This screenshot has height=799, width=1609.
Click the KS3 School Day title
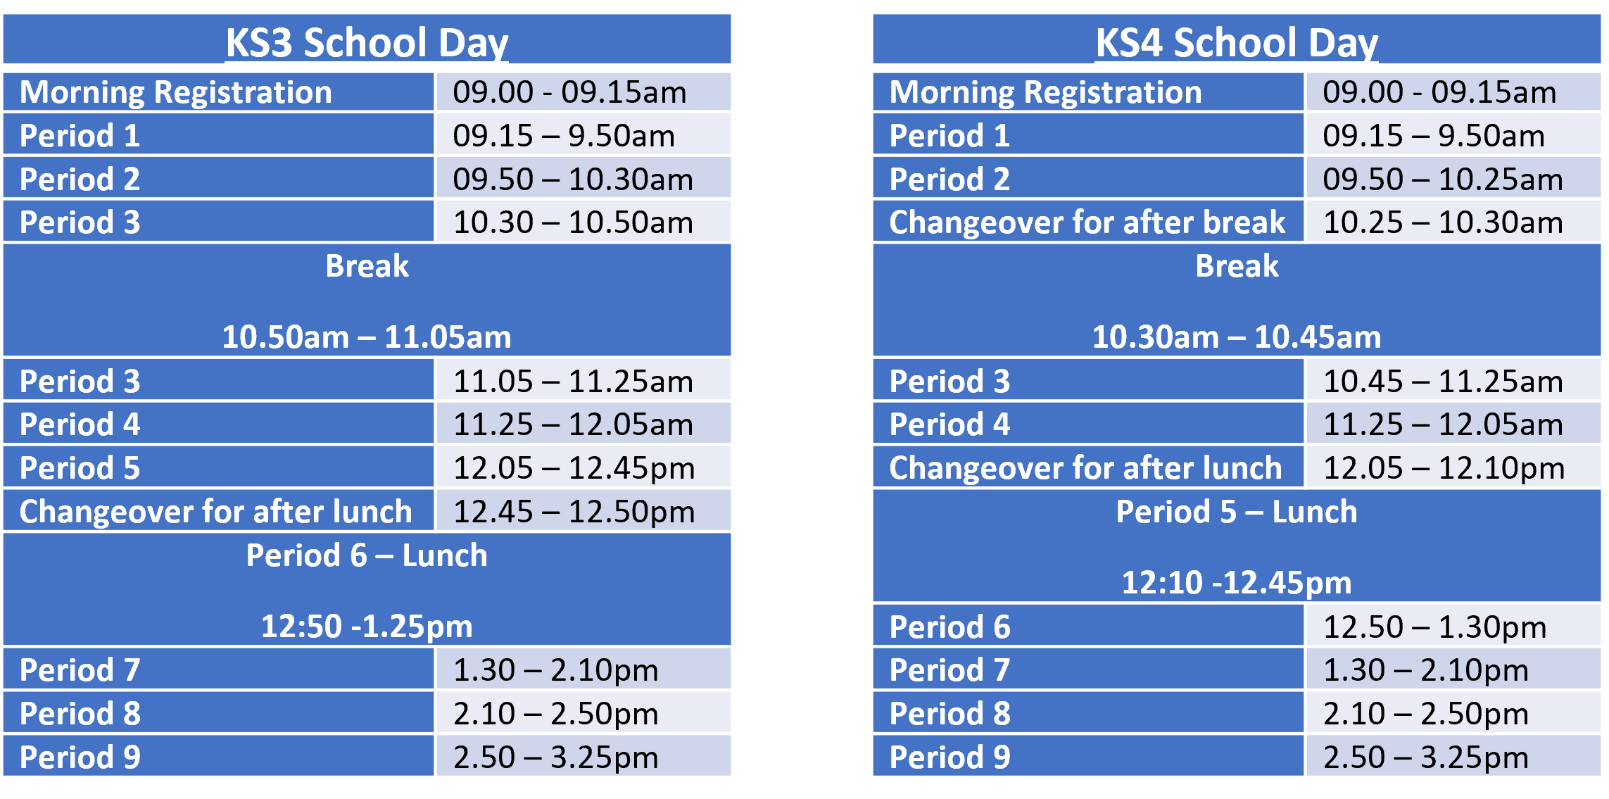(x=367, y=42)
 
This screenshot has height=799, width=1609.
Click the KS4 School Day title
(x=1237, y=42)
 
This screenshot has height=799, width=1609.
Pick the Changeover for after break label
(x=1087, y=222)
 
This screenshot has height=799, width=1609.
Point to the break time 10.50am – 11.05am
(x=367, y=337)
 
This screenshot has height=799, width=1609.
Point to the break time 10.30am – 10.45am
(x=1237, y=337)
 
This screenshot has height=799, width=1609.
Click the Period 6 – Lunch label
(x=367, y=555)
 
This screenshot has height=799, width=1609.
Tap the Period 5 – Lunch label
(x=1237, y=512)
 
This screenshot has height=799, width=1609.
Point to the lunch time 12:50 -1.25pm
(x=367, y=627)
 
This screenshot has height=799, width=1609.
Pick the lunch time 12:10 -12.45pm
(x=1237, y=583)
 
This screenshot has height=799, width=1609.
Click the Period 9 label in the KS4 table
(x=949, y=757)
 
